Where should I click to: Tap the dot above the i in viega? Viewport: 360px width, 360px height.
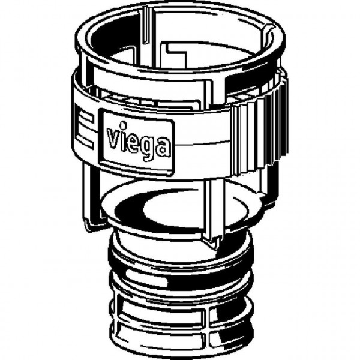(x=124, y=125)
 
